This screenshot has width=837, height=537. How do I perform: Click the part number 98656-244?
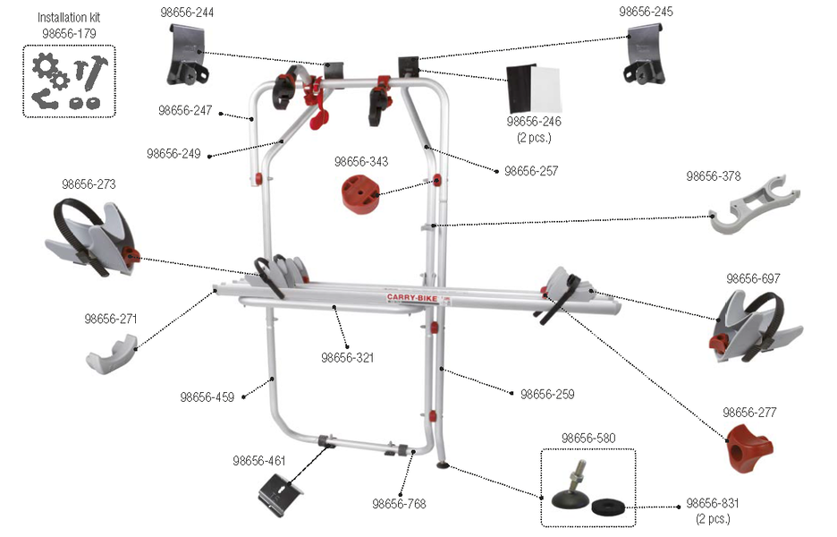(187, 13)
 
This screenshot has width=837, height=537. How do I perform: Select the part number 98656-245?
(646, 12)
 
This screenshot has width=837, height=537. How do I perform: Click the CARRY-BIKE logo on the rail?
(412, 297)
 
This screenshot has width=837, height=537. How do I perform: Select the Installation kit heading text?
(69, 17)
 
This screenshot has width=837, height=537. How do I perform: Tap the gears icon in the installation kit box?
(51, 72)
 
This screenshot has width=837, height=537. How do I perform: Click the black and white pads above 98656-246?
(533, 89)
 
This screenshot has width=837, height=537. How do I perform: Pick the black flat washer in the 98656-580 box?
(608, 506)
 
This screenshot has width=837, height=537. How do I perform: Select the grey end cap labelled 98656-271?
(112, 354)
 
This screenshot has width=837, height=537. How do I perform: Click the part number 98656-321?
(348, 357)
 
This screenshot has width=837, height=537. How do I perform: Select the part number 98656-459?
(207, 397)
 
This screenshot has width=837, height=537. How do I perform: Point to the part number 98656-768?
(400, 503)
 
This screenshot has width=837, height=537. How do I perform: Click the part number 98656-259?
(547, 395)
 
